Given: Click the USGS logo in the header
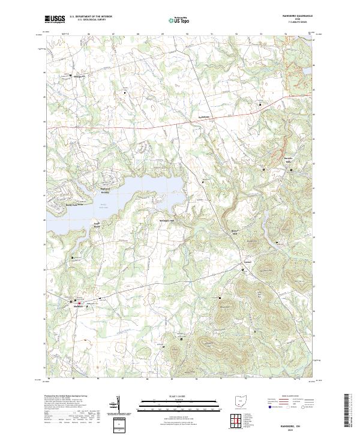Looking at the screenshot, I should [x=55, y=19].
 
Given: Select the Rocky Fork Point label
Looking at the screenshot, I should [x=72, y=205].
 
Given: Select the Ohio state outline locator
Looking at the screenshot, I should [x=241, y=400].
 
